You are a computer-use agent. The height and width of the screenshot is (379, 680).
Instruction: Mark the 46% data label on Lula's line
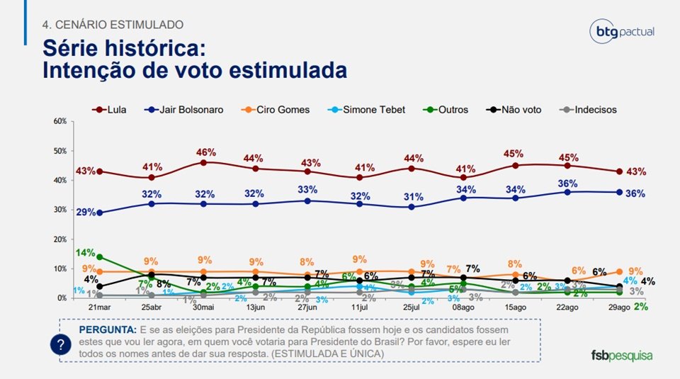[x=205, y=152]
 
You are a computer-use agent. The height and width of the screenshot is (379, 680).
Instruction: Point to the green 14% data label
[x=86, y=253]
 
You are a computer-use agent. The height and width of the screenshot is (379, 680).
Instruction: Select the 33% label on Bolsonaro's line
[x=307, y=190]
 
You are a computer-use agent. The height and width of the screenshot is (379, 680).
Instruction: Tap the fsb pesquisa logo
[x=621, y=356]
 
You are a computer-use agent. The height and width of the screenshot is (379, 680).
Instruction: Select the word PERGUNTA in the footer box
[x=106, y=330]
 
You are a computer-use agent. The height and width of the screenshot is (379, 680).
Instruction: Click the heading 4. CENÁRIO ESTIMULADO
[x=113, y=25]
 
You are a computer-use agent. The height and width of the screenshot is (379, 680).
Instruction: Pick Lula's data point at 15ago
[x=515, y=166]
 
